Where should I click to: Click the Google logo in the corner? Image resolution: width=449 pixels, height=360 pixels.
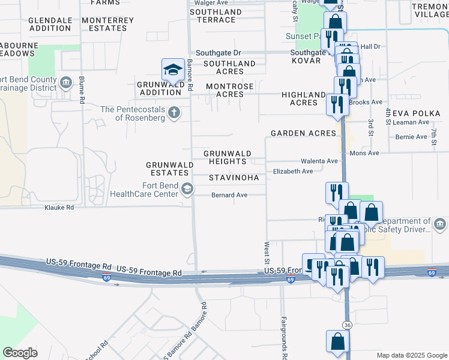(x=20, y=353)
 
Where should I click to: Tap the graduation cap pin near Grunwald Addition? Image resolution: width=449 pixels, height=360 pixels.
(x=173, y=70)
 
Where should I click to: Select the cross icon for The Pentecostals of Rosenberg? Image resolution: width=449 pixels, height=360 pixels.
(x=174, y=113)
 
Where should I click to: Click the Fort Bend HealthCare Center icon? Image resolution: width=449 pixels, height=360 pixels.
(x=187, y=190)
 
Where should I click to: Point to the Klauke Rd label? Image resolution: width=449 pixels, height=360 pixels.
(x=59, y=208)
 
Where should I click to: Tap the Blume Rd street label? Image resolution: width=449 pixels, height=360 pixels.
(x=80, y=91)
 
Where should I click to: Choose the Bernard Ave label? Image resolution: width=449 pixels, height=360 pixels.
(x=229, y=195)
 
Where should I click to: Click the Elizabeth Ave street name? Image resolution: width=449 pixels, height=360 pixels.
(x=293, y=172)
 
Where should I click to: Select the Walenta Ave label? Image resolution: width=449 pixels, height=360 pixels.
(x=319, y=161)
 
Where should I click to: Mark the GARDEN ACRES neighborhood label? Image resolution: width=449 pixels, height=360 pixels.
(x=303, y=133)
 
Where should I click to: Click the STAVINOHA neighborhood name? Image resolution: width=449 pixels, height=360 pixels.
(x=234, y=178)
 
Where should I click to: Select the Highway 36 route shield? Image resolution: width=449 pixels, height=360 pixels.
(x=347, y=325)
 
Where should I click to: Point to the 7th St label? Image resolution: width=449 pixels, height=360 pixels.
(x=433, y=136)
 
